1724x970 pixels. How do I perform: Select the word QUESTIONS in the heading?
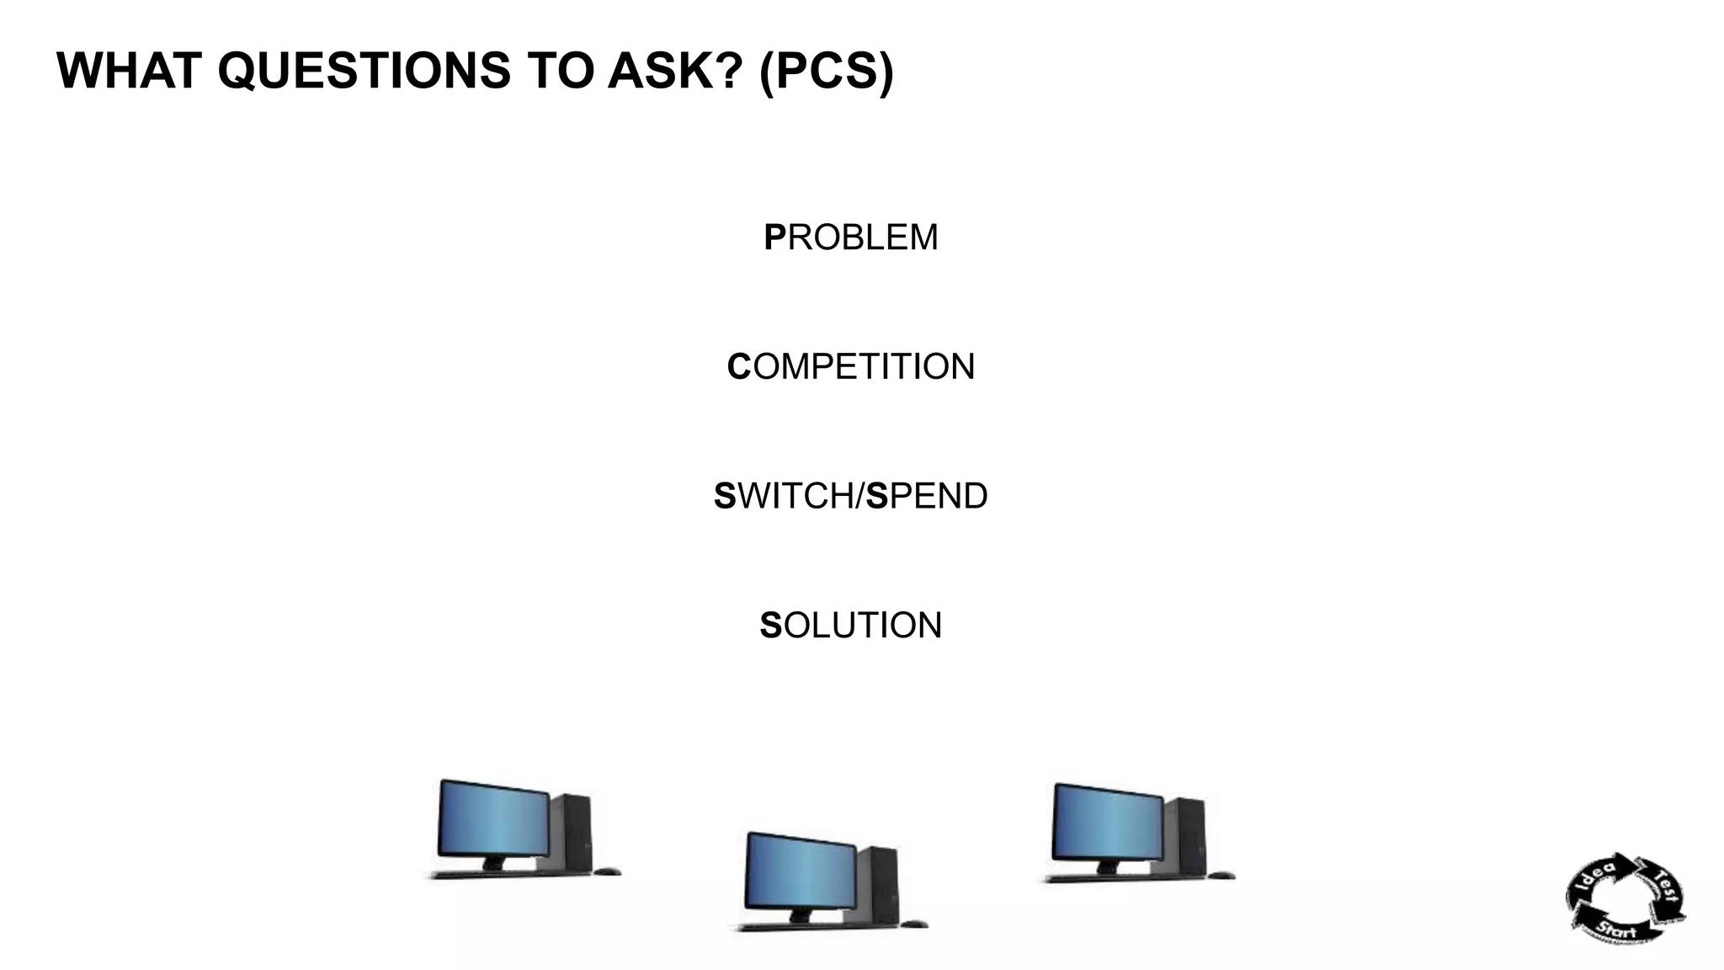(364, 71)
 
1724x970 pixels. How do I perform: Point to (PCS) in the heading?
(826, 71)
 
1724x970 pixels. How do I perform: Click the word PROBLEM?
(850, 237)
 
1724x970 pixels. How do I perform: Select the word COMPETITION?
(850, 367)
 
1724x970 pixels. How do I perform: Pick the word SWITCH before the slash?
(784, 496)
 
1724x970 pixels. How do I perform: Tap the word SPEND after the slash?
(927, 496)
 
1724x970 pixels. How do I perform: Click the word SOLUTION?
(850, 626)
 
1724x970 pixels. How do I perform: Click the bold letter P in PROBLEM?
(774, 237)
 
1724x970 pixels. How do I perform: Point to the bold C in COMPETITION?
(738, 367)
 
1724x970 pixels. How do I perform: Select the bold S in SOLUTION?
(770, 626)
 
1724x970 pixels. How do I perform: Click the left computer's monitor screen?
(494, 818)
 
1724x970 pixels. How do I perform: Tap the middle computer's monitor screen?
(801, 871)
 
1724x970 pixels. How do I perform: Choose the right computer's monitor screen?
(1108, 823)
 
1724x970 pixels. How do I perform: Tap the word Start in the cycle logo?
(1616, 930)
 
